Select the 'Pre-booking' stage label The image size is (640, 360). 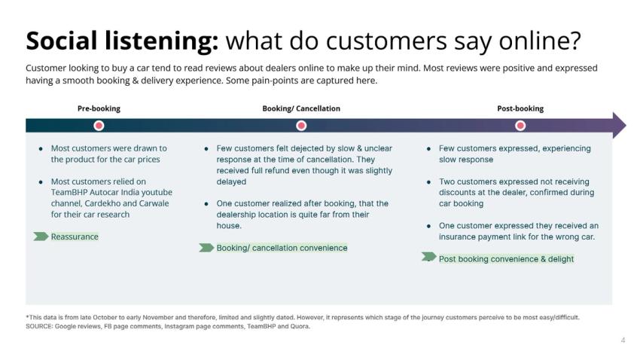99,108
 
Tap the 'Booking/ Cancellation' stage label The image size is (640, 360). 301,108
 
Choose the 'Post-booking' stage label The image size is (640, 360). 520,108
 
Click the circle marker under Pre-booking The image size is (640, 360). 99,125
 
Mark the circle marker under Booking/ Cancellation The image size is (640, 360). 301,125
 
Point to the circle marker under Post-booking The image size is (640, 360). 520,125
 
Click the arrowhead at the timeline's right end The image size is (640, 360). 618,125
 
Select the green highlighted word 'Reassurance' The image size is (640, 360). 75,236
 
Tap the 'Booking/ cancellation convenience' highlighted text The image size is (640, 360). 282,248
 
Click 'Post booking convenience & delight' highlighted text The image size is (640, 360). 506,259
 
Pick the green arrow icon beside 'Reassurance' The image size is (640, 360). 41,236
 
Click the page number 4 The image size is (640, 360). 623,340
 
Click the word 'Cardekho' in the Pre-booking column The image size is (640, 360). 99,203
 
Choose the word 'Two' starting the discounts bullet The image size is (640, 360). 446,182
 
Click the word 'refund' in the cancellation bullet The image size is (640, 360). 285,170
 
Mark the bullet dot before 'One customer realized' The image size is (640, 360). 206,203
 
